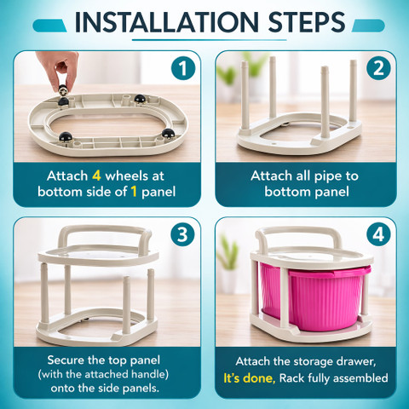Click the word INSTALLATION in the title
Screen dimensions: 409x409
(166, 22)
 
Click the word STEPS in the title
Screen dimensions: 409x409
(307, 22)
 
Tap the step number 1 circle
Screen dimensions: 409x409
(183, 68)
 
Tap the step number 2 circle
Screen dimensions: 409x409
(378, 68)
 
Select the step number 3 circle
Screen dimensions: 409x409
(183, 234)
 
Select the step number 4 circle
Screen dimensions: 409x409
(378, 234)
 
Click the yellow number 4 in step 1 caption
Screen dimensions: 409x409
(96, 176)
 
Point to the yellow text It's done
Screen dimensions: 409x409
(250, 378)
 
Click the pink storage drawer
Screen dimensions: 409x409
(314, 297)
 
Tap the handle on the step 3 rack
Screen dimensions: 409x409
(105, 236)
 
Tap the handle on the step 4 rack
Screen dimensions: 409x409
(298, 237)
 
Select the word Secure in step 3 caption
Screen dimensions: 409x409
(66, 360)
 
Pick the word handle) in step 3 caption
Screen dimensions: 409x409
(150, 374)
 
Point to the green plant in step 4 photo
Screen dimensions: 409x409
(228, 253)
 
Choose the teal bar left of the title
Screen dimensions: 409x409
(49, 26)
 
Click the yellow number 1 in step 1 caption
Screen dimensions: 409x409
(134, 192)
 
